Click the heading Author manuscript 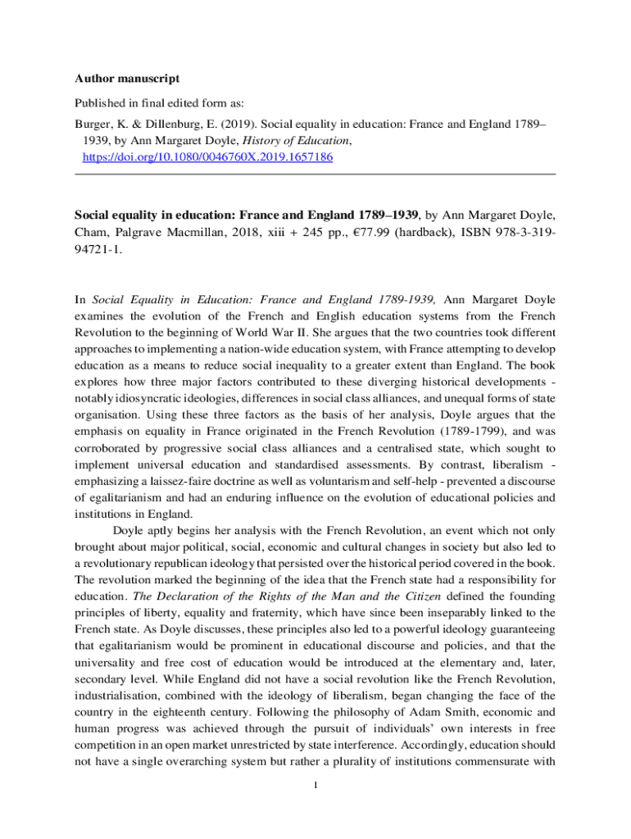[x=127, y=79]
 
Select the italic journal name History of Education [x=302, y=141]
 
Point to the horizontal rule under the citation [x=315, y=174]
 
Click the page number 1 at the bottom [x=315, y=787]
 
